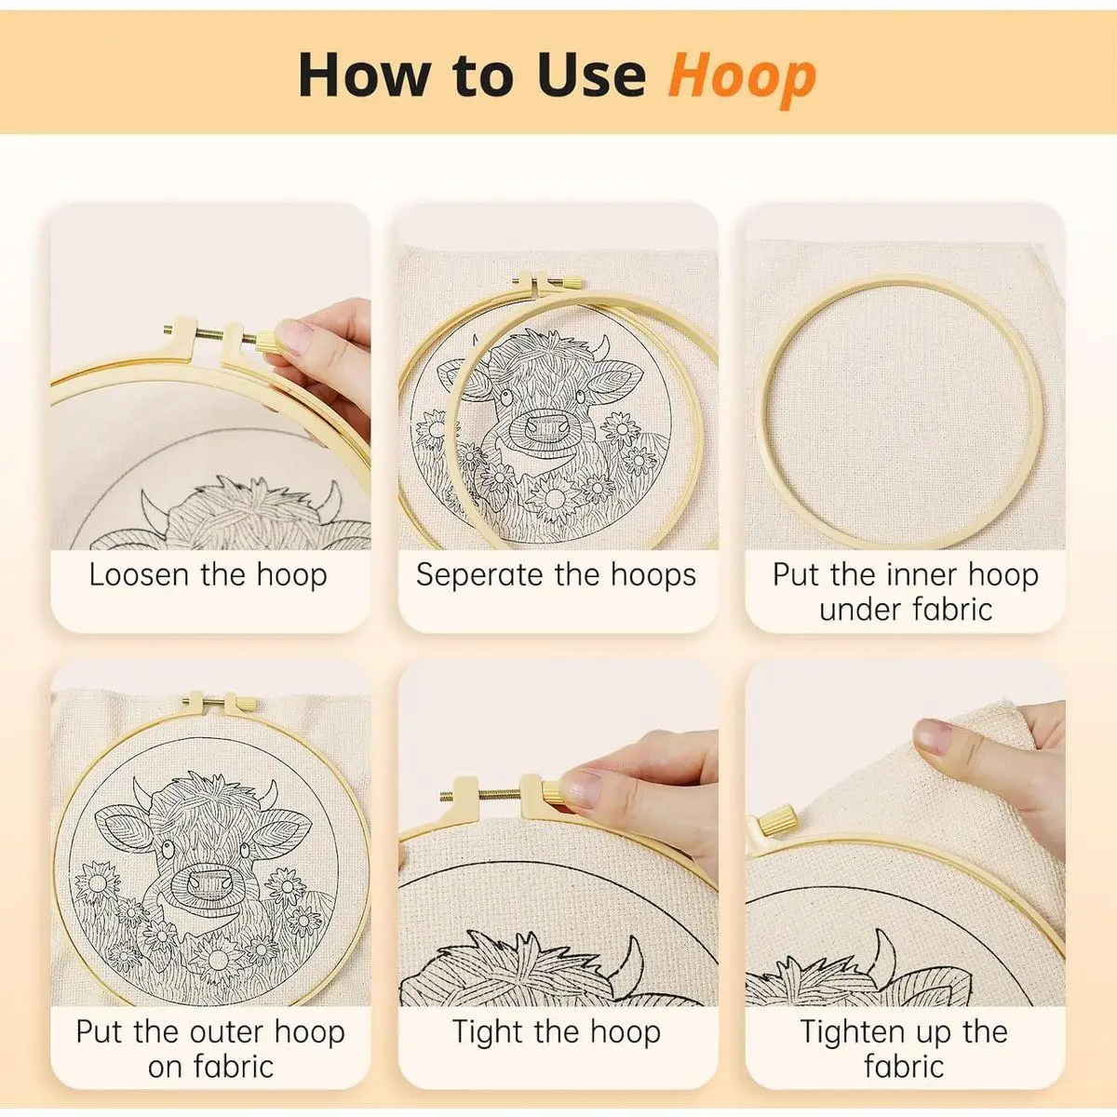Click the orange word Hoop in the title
[x=742, y=77]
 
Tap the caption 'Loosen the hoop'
[x=209, y=575]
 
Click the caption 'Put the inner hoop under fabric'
[x=906, y=592]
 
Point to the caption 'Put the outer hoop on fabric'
[x=210, y=1049]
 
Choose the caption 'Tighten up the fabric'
[x=904, y=1049]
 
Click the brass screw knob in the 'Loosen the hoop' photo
[x=267, y=342]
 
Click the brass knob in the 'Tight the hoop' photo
[x=552, y=791]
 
